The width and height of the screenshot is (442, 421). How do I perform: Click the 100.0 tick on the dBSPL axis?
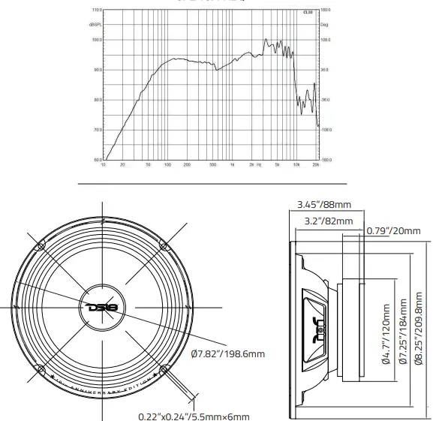(x=96, y=40)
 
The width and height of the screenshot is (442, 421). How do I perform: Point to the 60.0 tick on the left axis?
(x=97, y=159)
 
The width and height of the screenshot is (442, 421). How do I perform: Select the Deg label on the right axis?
(x=324, y=25)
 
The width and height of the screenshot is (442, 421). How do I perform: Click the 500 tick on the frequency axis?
(x=213, y=164)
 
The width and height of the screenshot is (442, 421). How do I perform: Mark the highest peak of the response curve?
(x=265, y=39)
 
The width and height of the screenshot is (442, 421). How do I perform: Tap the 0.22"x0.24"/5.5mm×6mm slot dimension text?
(x=194, y=416)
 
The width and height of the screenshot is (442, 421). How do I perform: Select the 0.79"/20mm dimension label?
(x=395, y=230)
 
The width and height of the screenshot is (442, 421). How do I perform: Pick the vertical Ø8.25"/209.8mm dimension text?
(x=418, y=329)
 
